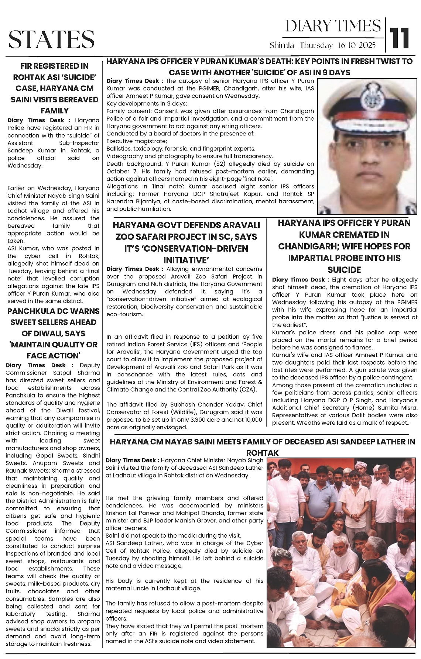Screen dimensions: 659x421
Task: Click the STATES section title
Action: click(x=51, y=39)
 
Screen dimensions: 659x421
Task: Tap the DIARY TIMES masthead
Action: click(x=333, y=26)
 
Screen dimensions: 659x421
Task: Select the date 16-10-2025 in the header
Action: click(x=357, y=45)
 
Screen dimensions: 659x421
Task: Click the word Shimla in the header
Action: click(x=282, y=45)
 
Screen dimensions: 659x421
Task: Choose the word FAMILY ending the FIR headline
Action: click(x=54, y=111)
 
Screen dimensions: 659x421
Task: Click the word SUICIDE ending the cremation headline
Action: click(x=344, y=269)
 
